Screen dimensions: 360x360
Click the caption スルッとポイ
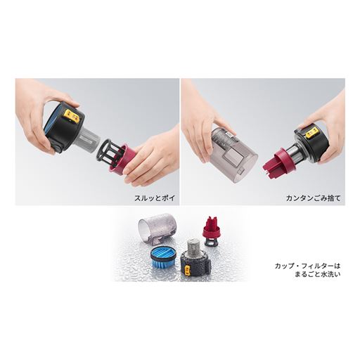click(155, 198)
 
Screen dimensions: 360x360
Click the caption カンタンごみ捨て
click(313, 198)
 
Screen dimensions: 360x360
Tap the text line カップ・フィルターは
click(307, 266)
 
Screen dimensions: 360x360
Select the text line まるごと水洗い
click(317, 274)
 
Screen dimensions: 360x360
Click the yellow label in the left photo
click(72, 116)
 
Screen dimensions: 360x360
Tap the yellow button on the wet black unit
click(188, 271)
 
